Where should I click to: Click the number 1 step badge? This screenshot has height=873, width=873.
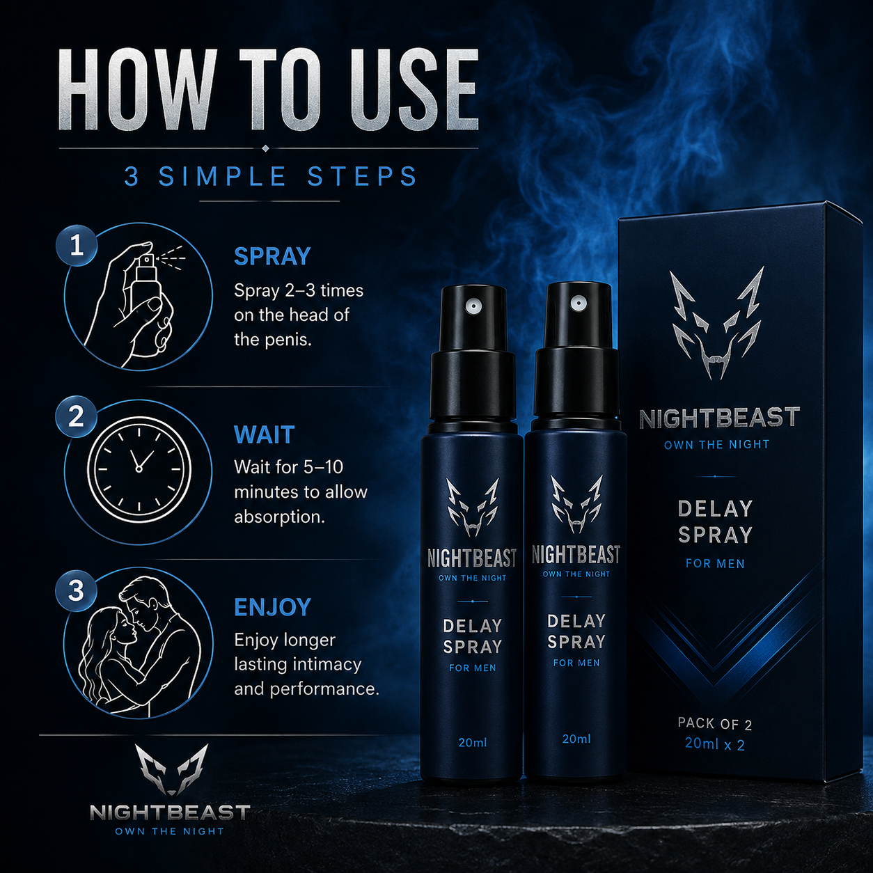click(x=77, y=246)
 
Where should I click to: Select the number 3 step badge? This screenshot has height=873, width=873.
click(x=76, y=591)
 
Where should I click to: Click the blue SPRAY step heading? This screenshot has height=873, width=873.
click(x=272, y=256)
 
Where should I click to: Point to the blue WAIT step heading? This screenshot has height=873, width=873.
click(x=264, y=434)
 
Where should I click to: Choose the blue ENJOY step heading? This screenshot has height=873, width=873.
click(x=272, y=607)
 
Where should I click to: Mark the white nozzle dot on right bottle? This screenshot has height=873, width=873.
click(x=576, y=303)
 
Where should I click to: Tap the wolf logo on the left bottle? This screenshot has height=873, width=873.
click(x=473, y=508)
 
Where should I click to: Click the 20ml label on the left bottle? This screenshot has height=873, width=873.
click(x=473, y=743)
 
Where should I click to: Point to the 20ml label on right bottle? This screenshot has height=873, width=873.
click(x=576, y=739)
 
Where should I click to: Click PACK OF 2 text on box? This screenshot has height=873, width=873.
click(x=715, y=723)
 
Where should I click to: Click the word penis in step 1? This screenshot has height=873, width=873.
click(x=288, y=340)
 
